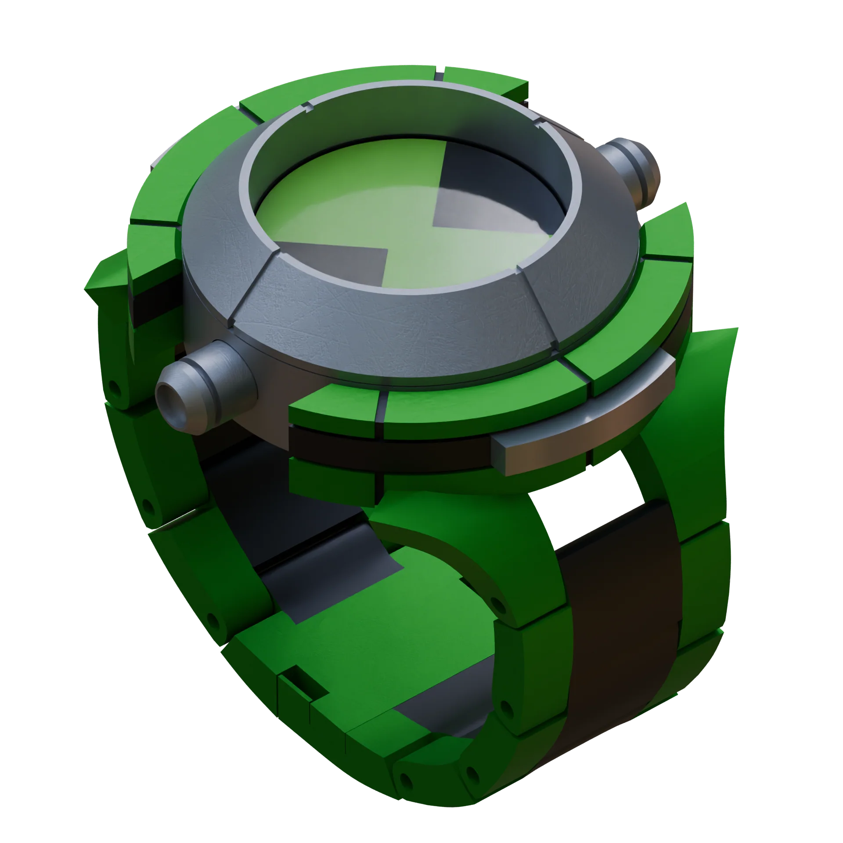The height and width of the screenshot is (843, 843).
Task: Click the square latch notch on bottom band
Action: point(303,688)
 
